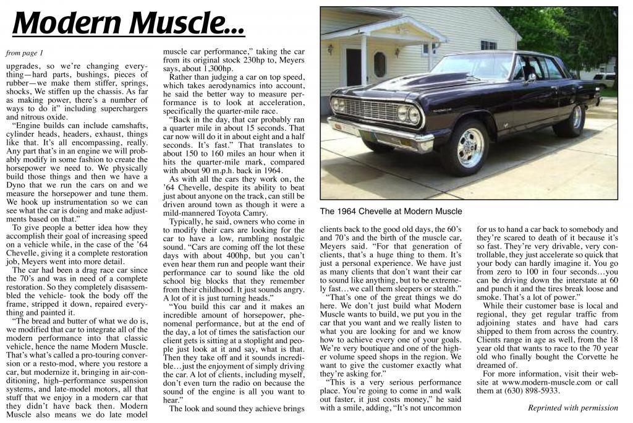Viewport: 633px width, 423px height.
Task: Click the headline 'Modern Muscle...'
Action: click(128, 23)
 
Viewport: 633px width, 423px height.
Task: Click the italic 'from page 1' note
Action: click(24, 53)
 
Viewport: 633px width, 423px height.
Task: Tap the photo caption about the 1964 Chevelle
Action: click(391, 211)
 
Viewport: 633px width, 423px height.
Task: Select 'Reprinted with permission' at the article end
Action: click(572, 408)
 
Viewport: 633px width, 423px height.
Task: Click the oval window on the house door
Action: click(380, 64)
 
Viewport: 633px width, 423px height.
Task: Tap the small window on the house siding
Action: click(488, 45)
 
